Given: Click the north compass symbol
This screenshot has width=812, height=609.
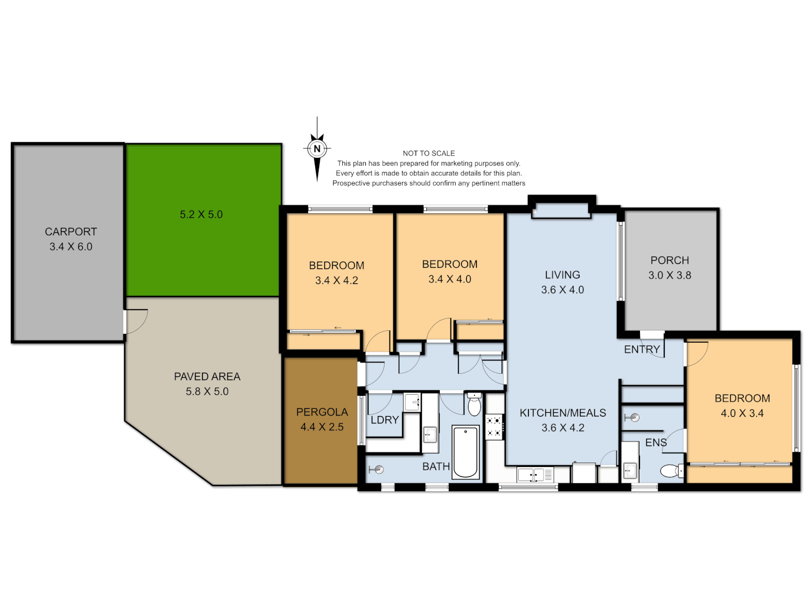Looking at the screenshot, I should (x=317, y=149).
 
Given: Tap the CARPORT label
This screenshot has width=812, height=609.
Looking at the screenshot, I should (x=71, y=232).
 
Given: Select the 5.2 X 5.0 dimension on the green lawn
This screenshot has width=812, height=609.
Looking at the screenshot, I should (x=201, y=214).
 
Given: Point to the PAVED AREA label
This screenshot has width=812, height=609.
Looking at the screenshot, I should (x=207, y=377).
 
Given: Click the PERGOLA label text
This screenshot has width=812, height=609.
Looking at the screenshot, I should (x=322, y=412).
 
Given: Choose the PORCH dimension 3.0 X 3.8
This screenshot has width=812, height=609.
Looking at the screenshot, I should (x=669, y=275).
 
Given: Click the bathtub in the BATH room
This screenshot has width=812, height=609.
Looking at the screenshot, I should (x=466, y=452).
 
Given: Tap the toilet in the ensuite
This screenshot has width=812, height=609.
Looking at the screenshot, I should (x=670, y=470).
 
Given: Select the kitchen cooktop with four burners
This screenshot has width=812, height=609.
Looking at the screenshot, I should (x=495, y=426).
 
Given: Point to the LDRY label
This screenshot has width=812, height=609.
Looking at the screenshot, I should (x=385, y=420).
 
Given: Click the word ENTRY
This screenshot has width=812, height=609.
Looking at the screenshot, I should (x=642, y=350).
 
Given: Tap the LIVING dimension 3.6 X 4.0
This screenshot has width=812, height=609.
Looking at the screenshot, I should (x=562, y=290).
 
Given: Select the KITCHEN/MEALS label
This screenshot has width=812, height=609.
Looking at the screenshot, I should (x=563, y=413).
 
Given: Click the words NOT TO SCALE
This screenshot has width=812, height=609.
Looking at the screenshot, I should (x=429, y=153).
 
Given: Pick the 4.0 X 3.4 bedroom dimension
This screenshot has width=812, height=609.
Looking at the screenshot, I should (x=742, y=413).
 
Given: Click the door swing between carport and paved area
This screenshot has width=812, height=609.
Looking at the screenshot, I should (x=136, y=321).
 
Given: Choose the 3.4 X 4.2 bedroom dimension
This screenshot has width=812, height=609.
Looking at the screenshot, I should (x=337, y=280).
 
